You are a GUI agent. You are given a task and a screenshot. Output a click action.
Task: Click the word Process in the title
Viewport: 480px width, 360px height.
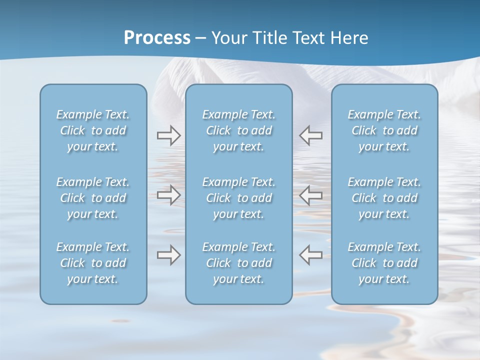point(157,38)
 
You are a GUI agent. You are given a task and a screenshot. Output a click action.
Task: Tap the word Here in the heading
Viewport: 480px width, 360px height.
point(349,38)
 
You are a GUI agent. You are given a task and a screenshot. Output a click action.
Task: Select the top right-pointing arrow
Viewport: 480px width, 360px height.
point(168,135)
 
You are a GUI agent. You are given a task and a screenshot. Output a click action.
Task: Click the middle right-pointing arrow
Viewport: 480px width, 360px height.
point(168,195)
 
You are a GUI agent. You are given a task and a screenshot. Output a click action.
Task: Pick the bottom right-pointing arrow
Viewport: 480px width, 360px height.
point(168,255)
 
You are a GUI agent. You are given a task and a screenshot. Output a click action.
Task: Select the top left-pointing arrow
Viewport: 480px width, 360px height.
point(311,135)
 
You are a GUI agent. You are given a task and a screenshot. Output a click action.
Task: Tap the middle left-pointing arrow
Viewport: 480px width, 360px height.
point(311,195)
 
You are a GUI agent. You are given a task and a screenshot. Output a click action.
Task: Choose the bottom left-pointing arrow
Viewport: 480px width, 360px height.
point(311,255)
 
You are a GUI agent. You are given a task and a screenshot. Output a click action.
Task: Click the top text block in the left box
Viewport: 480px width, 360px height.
point(93,130)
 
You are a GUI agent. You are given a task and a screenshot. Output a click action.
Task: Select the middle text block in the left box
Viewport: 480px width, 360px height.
point(93,198)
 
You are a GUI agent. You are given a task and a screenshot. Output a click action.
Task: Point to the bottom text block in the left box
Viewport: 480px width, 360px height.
point(93,263)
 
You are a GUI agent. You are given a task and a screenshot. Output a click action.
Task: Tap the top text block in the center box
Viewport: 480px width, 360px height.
point(238,130)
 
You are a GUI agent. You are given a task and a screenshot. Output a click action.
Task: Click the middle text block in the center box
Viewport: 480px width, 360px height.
point(238,198)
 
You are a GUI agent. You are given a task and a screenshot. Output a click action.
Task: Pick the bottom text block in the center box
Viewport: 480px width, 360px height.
point(238,263)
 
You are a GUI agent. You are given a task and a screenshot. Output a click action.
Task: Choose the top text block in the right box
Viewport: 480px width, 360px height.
point(384,130)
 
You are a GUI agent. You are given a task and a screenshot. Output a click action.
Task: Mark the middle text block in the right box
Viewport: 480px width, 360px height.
point(384,198)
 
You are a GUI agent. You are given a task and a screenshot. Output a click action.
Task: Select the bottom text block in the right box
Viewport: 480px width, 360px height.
point(384,263)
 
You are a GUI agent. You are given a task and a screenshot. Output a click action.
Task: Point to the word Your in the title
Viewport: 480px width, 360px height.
point(228,38)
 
